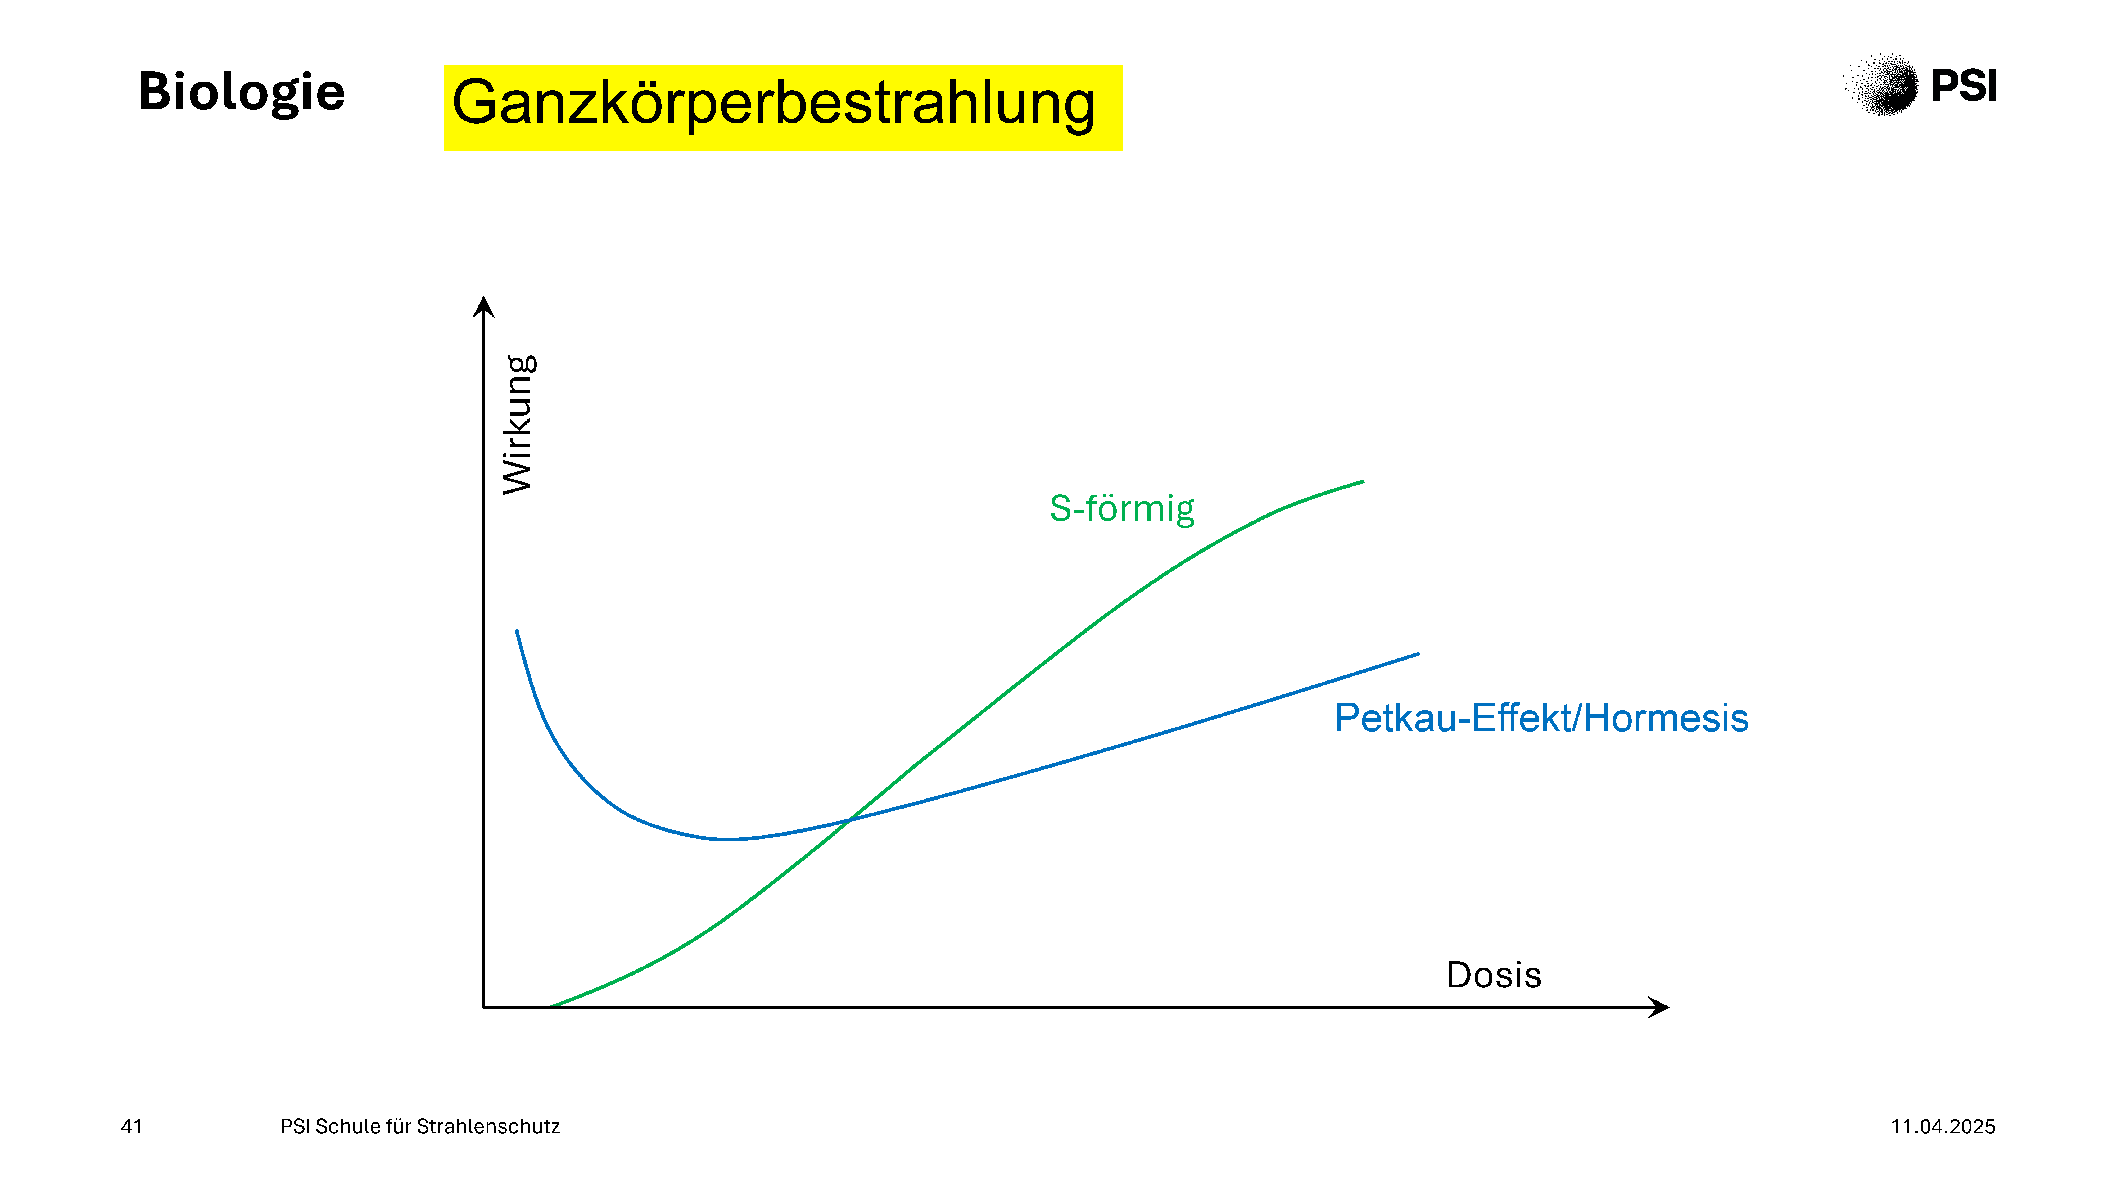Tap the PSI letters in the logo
click(1964, 85)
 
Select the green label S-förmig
click(1122, 509)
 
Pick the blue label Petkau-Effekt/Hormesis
click(1541, 718)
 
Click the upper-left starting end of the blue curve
click(516, 630)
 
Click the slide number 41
click(132, 1126)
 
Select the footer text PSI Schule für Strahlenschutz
click(420, 1126)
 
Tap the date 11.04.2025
click(1943, 1126)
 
